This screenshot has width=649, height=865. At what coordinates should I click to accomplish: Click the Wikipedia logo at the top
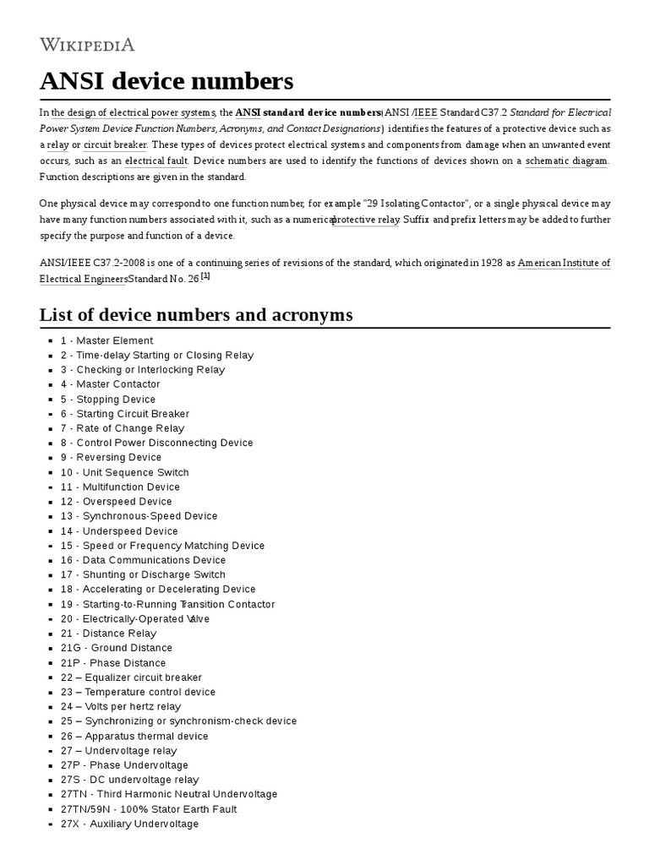(87, 45)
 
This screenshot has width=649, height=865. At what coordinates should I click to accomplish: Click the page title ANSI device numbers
(166, 81)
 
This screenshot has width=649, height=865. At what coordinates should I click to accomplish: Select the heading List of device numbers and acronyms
(196, 315)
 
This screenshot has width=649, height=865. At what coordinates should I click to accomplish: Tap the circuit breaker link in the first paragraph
(115, 144)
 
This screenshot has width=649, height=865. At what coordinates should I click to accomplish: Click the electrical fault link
(157, 160)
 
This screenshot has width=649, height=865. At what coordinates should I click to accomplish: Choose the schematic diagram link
(565, 160)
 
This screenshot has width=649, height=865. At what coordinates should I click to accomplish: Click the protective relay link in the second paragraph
(366, 220)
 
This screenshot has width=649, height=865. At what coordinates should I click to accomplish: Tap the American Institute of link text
(563, 263)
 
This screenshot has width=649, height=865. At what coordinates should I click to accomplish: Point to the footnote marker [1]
(205, 276)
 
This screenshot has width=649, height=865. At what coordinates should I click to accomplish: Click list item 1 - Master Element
(106, 340)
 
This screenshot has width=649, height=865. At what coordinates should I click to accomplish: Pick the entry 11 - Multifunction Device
(119, 487)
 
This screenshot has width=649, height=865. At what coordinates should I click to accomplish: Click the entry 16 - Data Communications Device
(143, 560)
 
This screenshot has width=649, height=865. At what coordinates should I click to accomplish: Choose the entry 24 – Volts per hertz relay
(120, 706)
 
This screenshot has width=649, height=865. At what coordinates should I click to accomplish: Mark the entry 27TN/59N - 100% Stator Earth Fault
(148, 809)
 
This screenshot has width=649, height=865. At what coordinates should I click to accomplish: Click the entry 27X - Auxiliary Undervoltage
(129, 824)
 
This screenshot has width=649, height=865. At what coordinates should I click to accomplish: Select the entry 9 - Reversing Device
(110, 457)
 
